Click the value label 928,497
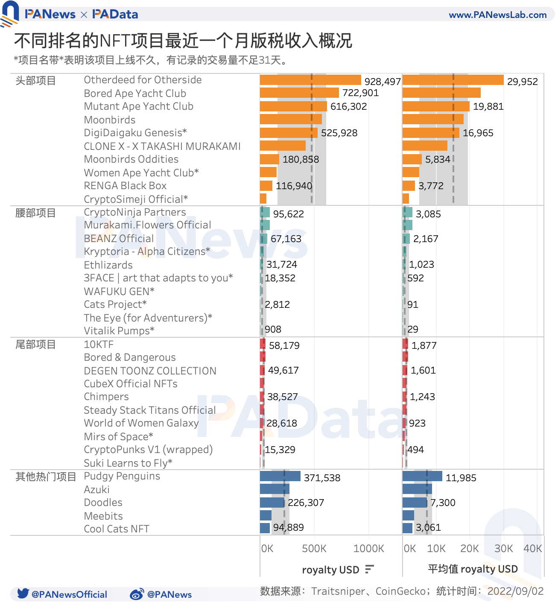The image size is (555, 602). coord(383,82)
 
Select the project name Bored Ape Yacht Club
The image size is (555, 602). coord(135,94)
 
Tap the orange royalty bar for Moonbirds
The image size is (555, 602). coord(291,120)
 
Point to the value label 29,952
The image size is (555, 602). coord(522,82)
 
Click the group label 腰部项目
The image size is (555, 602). coord(35,213)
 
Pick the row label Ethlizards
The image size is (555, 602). coord(108,265)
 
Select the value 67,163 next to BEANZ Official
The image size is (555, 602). coord(286,239)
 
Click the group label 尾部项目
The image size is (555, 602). coord(35,345)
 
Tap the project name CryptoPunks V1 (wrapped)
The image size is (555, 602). coord(148,450)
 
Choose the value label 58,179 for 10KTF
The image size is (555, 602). coord(284,345)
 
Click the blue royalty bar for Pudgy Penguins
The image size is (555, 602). coord(280,476)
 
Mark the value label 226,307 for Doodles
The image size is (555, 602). coord(306,503)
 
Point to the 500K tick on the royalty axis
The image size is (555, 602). coord(314,549)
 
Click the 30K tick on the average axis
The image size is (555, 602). coord(503,549)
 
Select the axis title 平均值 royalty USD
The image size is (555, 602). coord(473,569)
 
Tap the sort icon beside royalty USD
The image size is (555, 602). coord(370,569)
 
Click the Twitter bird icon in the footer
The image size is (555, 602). coord(23,593)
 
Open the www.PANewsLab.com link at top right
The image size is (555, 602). coord(497,15)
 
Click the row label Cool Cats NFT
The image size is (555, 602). coord(117,529)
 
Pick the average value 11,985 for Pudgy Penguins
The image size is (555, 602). coord(461,478)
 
